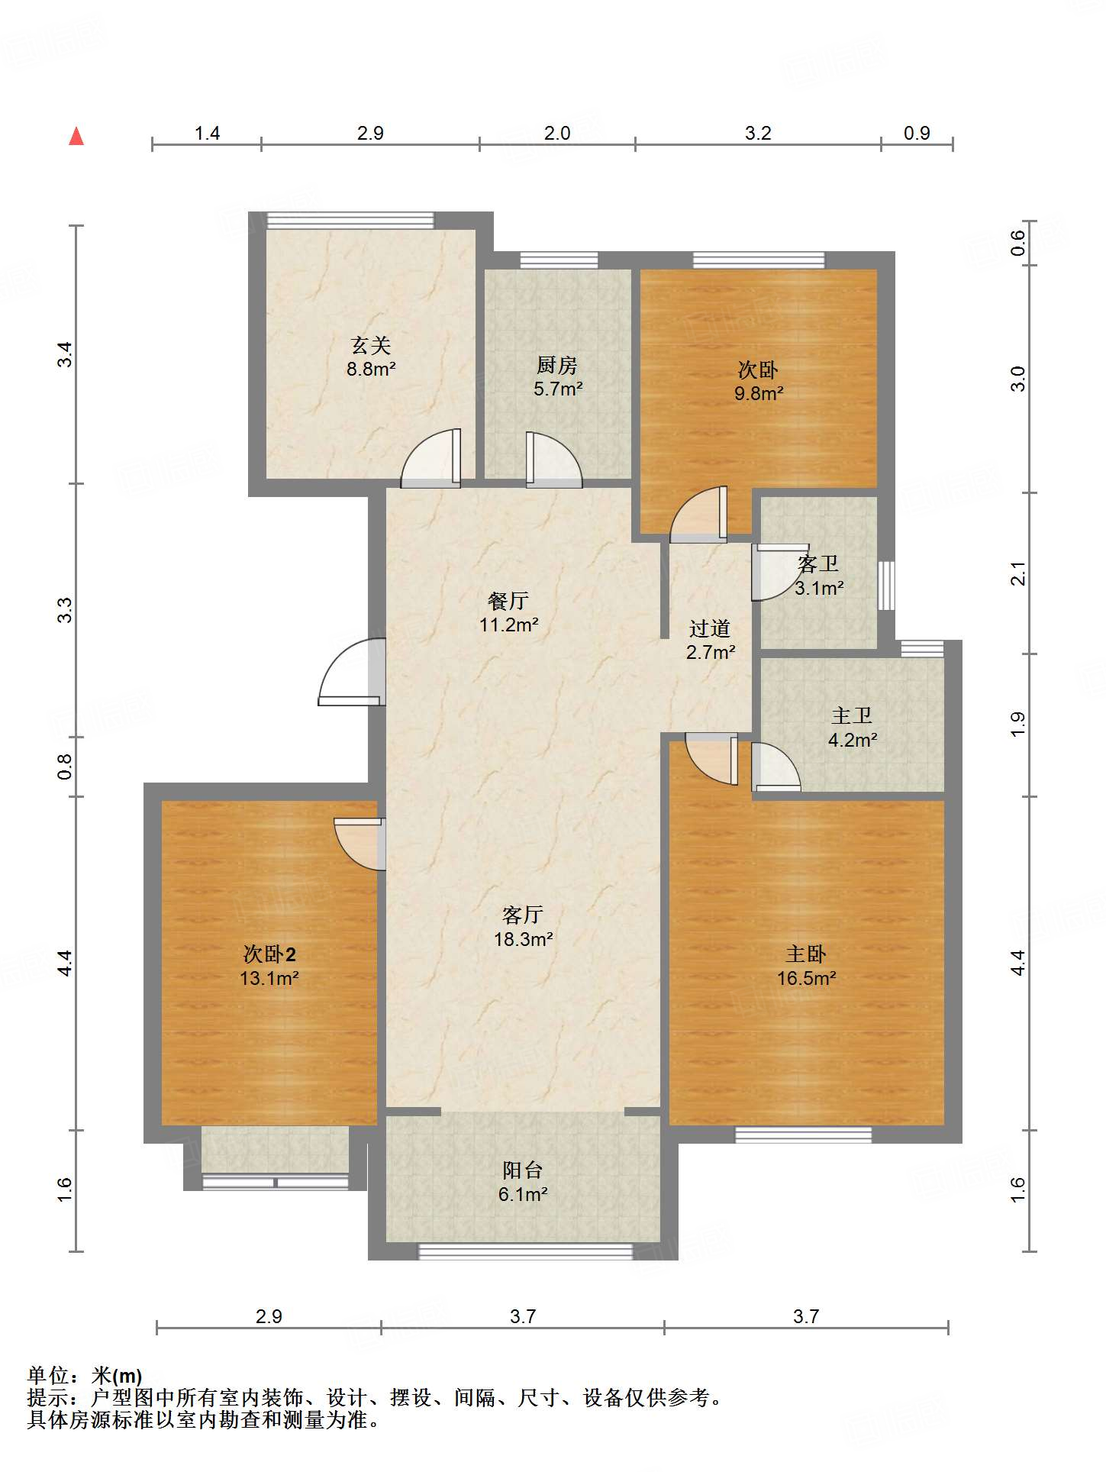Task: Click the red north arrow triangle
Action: click(76, 137)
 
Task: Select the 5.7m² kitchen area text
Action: click(558, 389)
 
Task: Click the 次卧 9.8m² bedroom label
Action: click(758, 381)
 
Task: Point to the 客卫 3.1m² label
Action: click(818, 576)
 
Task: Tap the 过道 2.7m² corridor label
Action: click(710, 640)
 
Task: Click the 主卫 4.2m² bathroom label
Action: click(852, 728)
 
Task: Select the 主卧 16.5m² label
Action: click(806, 966)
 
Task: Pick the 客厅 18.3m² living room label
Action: click(523, 927)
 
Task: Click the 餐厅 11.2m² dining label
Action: click(508, 612)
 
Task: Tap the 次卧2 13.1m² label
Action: click(269, 966)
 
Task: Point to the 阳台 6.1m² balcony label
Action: click(523, 1182)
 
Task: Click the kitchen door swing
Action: click(552, 460)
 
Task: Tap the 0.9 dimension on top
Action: click(917, 133)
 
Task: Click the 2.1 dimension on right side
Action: click(1017, 573)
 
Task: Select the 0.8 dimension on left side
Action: click(65, 766)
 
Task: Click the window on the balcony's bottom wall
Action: click(525, 1252)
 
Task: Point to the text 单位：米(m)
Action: click(85, 1375)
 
